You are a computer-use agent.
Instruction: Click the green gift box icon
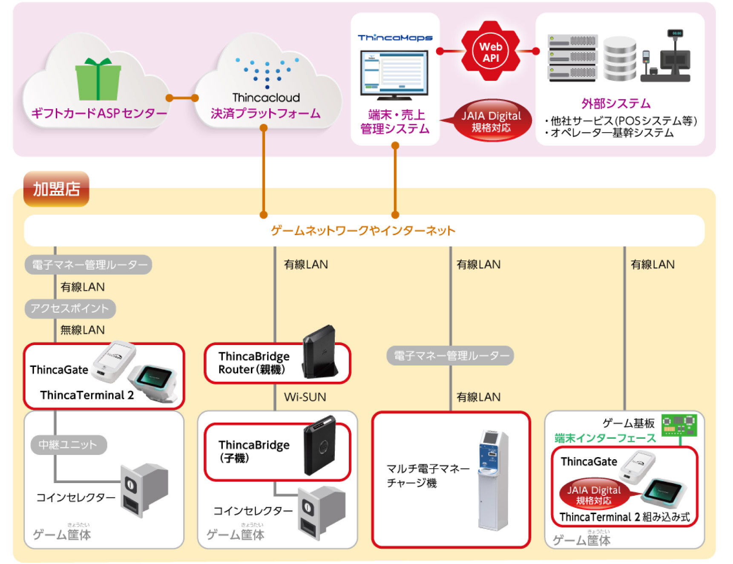point(98,79)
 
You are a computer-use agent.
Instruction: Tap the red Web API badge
point(490,52)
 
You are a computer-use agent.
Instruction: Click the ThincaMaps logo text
point(395,38)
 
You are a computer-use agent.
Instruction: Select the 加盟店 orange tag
point(56,189)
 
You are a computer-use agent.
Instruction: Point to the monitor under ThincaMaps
point(394,74)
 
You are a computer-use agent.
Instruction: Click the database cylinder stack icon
point(619,59)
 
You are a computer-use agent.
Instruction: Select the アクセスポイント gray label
point(70,308)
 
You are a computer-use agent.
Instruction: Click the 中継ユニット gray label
point(68,445)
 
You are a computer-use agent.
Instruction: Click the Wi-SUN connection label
point(305,397)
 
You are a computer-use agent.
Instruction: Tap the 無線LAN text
point(82,330)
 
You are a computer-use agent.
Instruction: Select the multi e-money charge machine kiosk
point(493,479)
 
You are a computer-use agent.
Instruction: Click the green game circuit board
point(679,425)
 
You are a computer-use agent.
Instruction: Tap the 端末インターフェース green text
point(605,438)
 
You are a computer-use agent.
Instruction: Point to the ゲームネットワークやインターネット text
point(363,230)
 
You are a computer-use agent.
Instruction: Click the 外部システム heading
point(616,104)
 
